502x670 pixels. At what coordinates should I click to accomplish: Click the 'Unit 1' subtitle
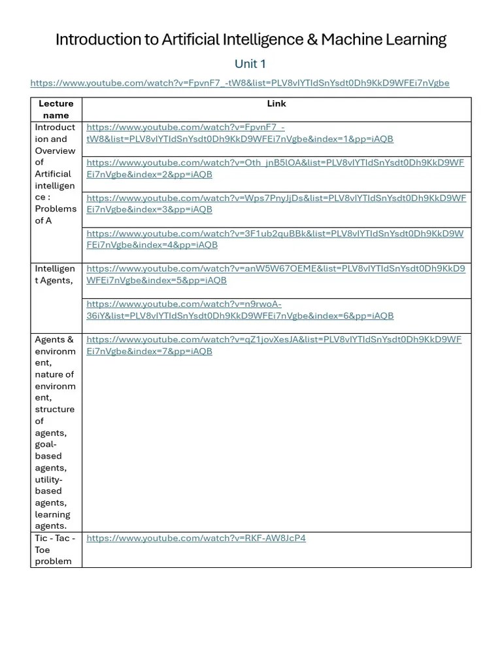point(250,64)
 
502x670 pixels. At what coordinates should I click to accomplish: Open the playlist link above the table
point(240,83)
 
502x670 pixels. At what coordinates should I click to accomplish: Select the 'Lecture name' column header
point(56,109)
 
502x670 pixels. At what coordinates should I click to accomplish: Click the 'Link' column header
point(276,103)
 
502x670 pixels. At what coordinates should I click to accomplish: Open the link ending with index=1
point(240,133)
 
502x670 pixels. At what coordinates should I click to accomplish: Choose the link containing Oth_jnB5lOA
point(275,168)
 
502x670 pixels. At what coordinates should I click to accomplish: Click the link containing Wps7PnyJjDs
point(276,203)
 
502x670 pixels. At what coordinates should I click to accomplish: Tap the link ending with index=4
point(275,239)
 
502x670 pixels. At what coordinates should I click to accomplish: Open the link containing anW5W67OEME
point(275,274)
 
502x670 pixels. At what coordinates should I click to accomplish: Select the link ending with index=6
point(240,309)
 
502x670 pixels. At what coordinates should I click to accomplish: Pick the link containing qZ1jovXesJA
point(274,345)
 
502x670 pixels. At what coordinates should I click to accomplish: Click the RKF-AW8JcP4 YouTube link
point(196,538)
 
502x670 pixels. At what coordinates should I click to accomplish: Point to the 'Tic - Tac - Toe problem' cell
point(56,550)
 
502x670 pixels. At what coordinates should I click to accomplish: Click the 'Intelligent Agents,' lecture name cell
point(55,275)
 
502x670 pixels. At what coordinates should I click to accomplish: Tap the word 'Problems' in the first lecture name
point(56,209)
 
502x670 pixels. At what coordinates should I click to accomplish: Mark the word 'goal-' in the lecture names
point(47,444)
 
